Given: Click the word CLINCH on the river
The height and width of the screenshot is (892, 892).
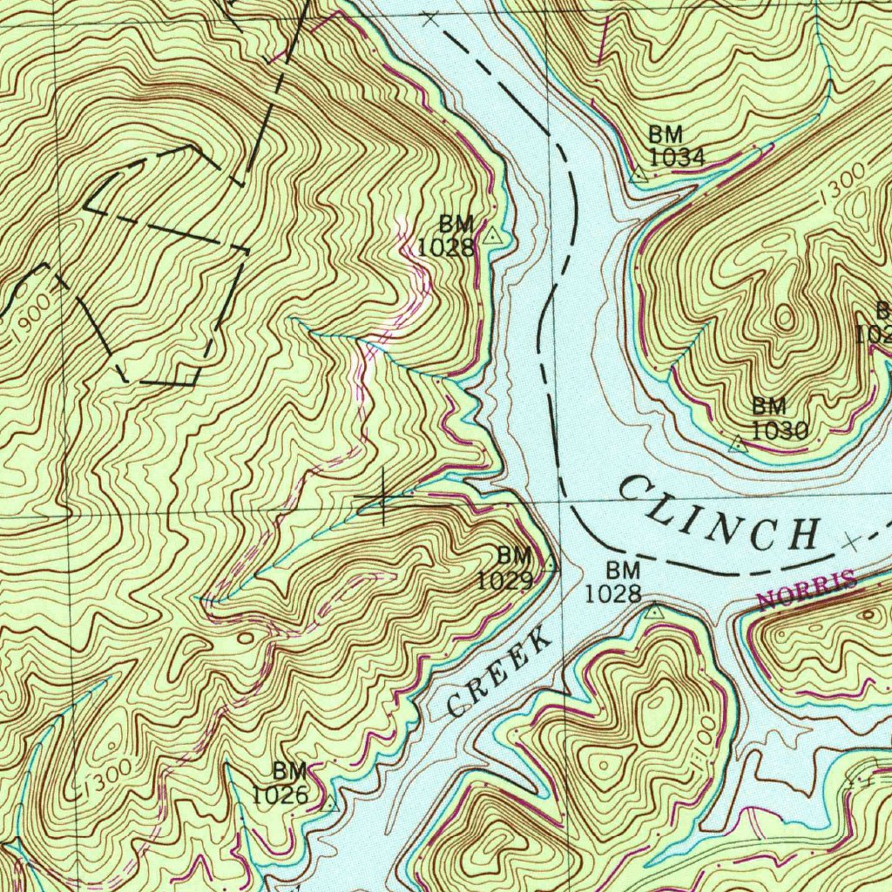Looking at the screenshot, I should tap(719, 515).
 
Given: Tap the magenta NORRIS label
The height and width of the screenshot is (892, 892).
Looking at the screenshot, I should tap(807, 591).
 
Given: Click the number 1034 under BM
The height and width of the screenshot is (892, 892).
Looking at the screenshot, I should tap(676, 157).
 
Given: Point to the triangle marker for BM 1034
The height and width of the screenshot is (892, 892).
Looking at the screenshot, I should tap(639, 174).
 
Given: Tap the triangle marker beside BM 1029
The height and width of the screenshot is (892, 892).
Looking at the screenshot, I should tap(549, 565).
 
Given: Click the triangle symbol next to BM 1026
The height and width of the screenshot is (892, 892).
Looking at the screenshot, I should tap(329, 804).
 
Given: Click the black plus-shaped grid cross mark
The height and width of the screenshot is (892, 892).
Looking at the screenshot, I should tap(382, 499).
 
